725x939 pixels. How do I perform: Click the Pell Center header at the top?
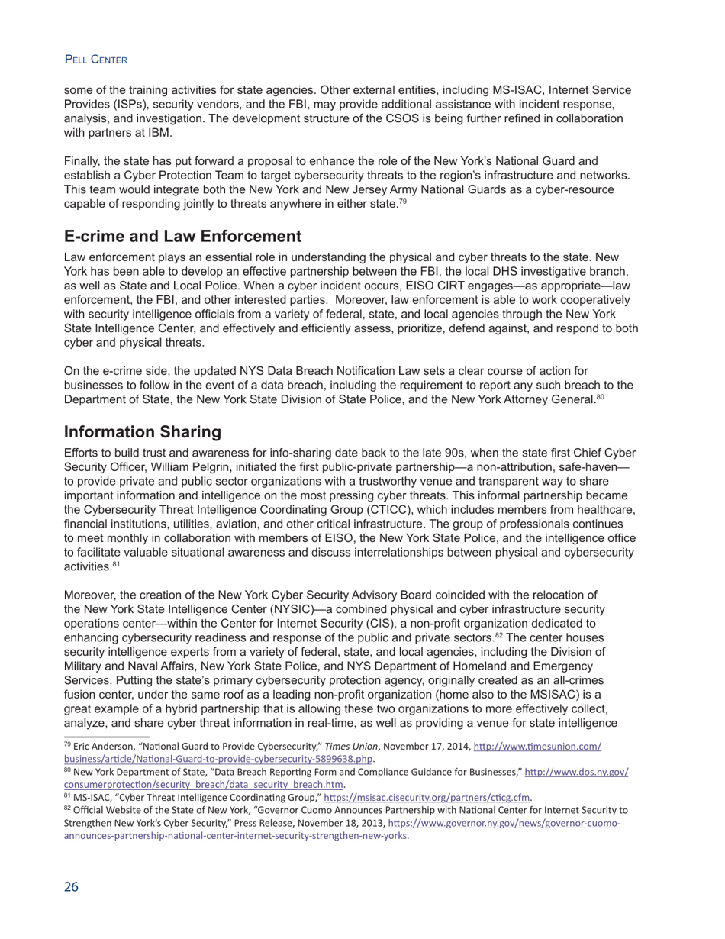click(x=95, y=60)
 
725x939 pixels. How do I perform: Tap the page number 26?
click(x=71, y=886)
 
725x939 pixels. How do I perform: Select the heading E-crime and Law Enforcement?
click(x=182, y=236)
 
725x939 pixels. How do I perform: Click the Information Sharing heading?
click(x=143, y=432)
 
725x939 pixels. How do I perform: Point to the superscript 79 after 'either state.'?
click(x=402, y=202)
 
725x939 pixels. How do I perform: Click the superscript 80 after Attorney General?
click(x=601, y=397)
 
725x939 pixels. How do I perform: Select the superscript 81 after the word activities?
click(x=116, y=564)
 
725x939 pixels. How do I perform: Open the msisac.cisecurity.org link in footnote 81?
click(x=427, y=798)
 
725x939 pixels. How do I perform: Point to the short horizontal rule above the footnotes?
click(x=106, y=737)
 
